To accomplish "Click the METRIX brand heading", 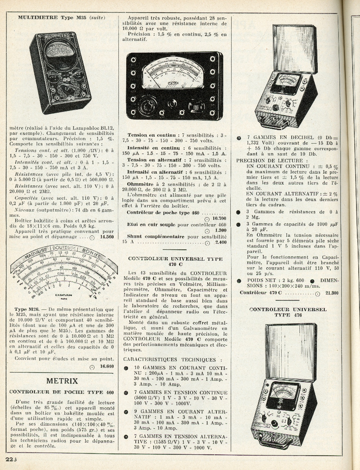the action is (62, 381).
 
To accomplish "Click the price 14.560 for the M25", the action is (107, 237).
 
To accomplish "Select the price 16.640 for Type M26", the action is (107, 366).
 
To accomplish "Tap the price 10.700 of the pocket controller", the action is (219, 218).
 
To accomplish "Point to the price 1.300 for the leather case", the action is (221, 230).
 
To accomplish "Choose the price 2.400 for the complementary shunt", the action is (221, 242).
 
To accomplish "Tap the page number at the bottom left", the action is (11, 460).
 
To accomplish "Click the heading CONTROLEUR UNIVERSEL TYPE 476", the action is (288, 312).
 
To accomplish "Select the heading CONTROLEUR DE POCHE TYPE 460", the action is (62, 392).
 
